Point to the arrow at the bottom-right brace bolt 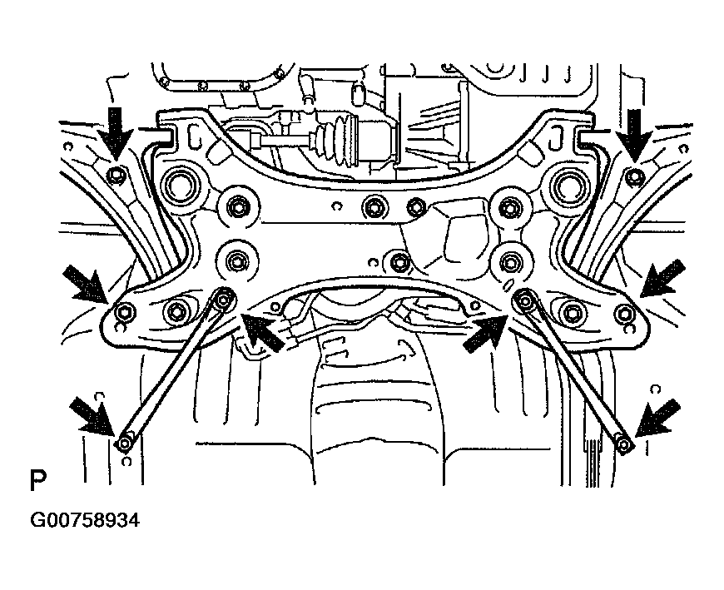(657, 419)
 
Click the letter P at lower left (37, 482)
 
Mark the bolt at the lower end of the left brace (125, 442)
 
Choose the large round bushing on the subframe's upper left (182, 183)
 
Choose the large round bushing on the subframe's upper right (571, 184)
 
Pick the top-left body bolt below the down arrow (118, 175)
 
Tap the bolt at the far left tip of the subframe (124, 312)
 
